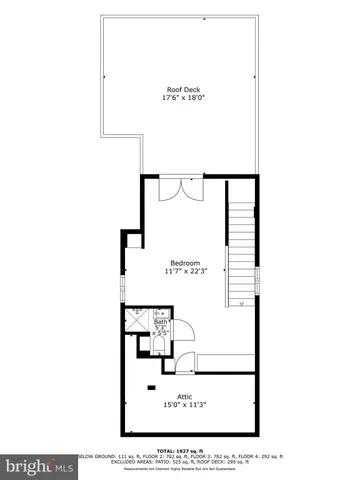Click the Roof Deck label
tap(183, 89)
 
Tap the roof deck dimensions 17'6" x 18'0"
tap(183, 99)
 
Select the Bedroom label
tap(184, 261)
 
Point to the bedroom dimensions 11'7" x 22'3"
tap(184, 271)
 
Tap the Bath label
tap(160, 321)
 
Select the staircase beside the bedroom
tap(241, 250)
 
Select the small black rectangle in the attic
tap(152, 387)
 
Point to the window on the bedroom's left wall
tap(122, 286)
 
